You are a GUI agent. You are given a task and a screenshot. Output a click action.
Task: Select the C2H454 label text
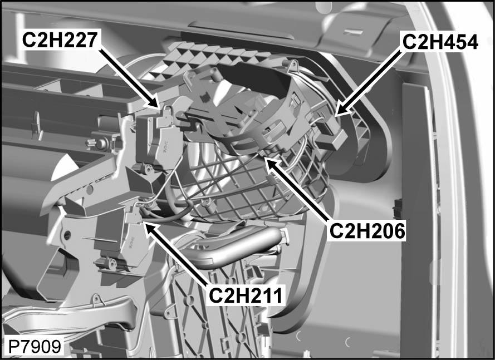point(440,42)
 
